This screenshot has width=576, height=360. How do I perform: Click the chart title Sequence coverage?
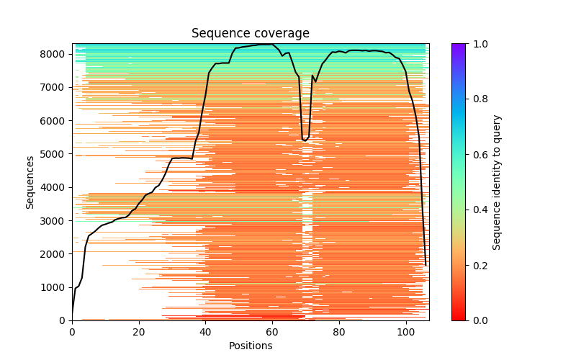pyautogui.click(x=250, y=34)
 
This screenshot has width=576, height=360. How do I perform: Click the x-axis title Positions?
pyautogui.click(x=250, y=346)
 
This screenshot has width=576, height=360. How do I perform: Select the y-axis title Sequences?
pyautogui.click(x=30, y=181)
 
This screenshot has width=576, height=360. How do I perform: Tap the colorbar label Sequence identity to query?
pyautogui.click(x=497, y=181)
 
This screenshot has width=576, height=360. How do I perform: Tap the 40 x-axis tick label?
pyautogui.click(x=206, y=332)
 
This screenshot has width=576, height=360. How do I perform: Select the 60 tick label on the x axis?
pyautogui.click(x=273, y=332)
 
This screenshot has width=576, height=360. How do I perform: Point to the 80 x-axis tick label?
pyautogui.click(x=340, y=332)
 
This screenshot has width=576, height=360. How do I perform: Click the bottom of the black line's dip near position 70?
pyautogui.click(x=305, y=140)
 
